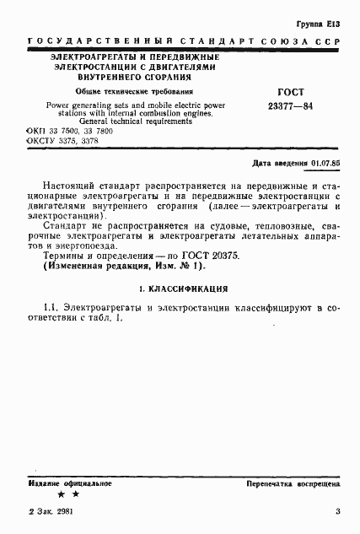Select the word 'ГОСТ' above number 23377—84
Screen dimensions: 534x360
coord(290,92)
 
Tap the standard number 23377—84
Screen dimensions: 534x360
coord(290,107)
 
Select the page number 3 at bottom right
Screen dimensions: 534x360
coord(337,511)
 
